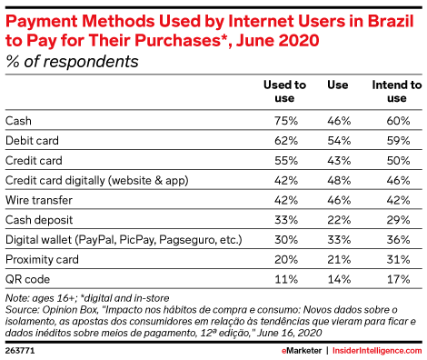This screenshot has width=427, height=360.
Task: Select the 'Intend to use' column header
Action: [396, 91]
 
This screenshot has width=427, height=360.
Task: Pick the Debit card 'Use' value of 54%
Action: [338, 140]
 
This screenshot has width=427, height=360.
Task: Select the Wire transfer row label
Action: [37, 200]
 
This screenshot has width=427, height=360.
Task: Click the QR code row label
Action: [27, 280]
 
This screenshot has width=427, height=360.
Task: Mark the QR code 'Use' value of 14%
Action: [338, 280]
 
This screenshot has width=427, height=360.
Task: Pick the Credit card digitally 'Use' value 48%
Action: [338, 180]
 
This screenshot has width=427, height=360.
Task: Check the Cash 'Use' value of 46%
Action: [338, 120]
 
